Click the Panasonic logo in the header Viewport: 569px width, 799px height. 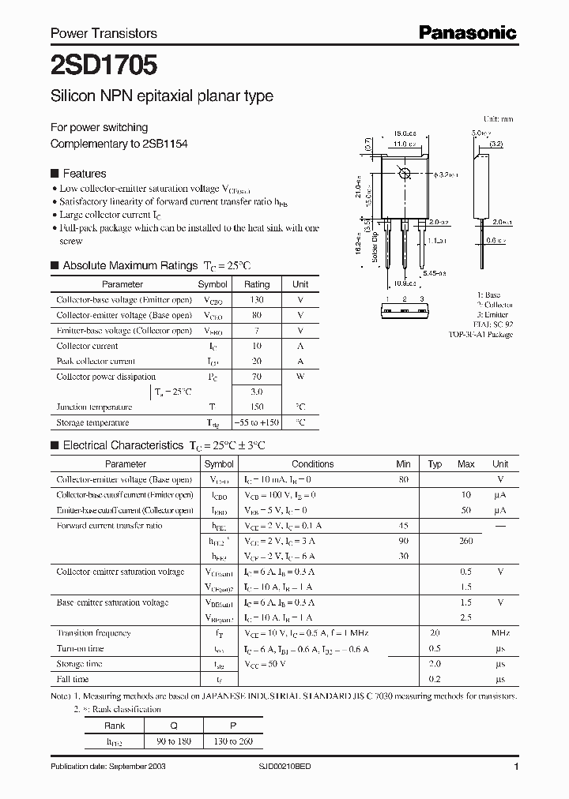click(468, 32)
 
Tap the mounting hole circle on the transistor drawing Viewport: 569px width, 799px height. click(405, 174)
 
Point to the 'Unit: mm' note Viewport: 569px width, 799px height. click(498, 118)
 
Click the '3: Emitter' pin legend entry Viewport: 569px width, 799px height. click(494, 314)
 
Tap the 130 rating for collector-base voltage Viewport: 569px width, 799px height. click(257, 300)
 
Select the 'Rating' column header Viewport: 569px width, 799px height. click(257, 284)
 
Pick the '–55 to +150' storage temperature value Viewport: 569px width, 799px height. click(257, 422)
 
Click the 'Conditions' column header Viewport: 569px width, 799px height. click(313, 464)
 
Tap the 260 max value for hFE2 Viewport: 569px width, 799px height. click(465, 541)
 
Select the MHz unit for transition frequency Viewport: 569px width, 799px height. click(499, 633)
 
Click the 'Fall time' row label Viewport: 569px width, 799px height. click(73, 679)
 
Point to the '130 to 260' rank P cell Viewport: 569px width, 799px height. click(233, 741)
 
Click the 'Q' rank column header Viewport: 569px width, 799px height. click(174, 726)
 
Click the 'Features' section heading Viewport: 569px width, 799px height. click(84, 174)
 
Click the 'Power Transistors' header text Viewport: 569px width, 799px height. click(104, 33)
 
